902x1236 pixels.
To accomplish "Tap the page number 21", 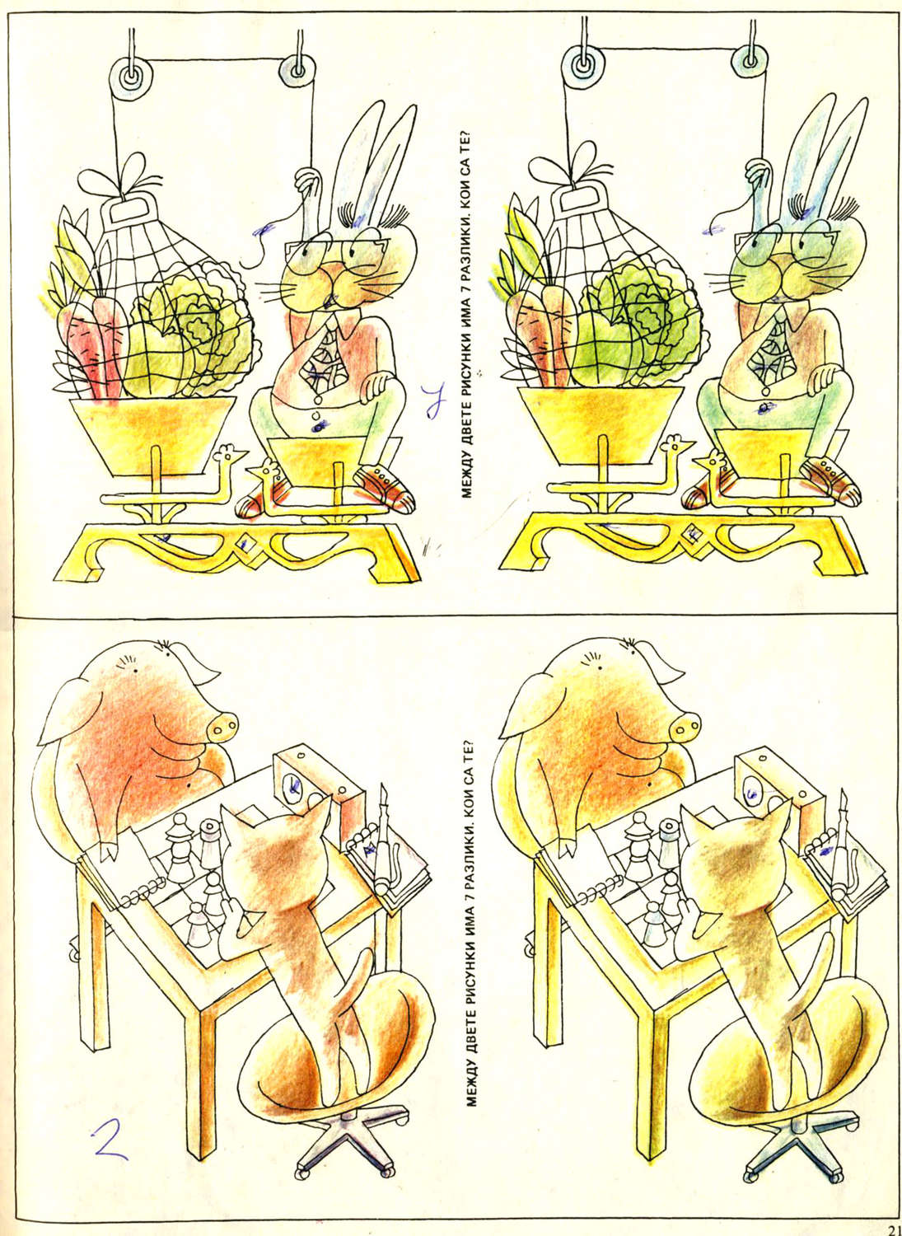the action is pyautogui.click(x=895, y=1230).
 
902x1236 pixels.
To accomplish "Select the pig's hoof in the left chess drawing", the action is pyautogui.click(x=109, y=850).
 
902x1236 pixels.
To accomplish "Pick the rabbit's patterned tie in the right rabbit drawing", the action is pyautogui.click(x=777, y=349).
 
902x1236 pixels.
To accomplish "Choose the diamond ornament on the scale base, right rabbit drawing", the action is pyautogui.click(x=689, y=534).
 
